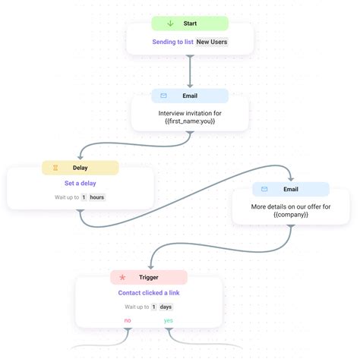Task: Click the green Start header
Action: [x=190, y=24]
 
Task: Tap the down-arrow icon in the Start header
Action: [x=170, y=24]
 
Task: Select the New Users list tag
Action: [x=212, y=42]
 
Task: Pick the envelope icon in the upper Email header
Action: [x=163, y=96]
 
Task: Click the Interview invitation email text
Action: [x=190, y=116]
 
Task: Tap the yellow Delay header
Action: [x=81, y=168]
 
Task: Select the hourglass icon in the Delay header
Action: [x=55, y=168]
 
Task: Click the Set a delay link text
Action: [x=81, y=183]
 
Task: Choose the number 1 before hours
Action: [x=84, y=197]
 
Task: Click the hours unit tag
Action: [x=96, y=197]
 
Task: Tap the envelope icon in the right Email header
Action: [x=264, y=189]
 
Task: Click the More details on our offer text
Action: [x=291, y=210]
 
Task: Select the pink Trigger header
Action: [x=149, y=278]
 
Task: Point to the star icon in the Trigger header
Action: [x=122, y=278]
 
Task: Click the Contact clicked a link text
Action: [x=149, y=293]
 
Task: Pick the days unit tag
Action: [x=166, y=307]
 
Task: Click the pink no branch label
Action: [x=127, y=321]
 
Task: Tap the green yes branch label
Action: [x=169, y=321]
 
